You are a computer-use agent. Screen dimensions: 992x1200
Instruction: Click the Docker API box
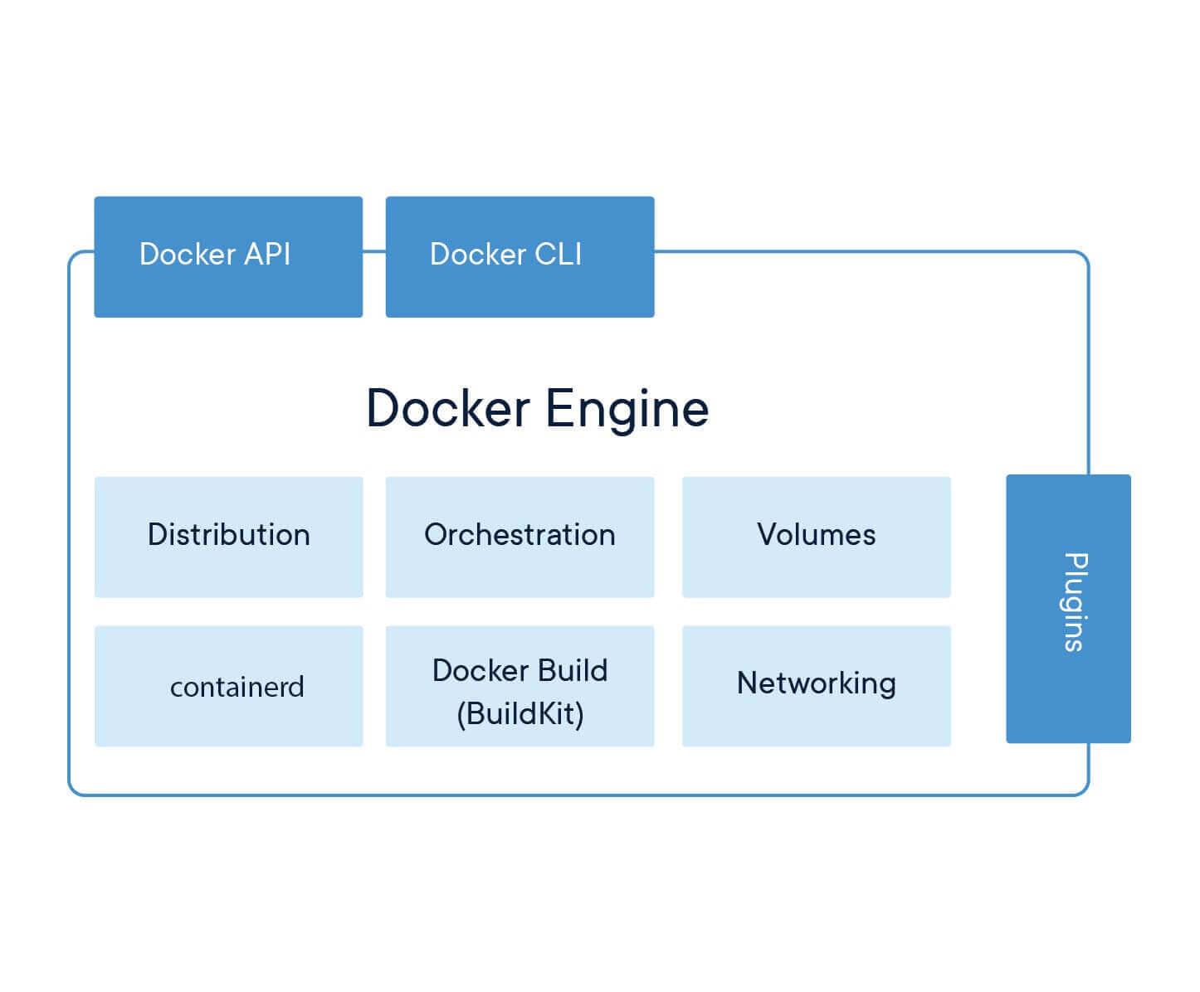[x=228, y=256]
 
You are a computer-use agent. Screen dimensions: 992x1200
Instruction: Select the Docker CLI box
[x=520, y=256]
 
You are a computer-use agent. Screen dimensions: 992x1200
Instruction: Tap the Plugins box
[x=1068, y=608]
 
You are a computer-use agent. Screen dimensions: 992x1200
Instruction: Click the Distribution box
[x=228, y=537]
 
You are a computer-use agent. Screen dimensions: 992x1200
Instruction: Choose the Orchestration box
[x=520, y=537]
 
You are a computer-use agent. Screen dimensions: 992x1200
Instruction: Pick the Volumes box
[x=816, y=537]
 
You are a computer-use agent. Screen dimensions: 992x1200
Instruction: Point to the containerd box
[x=228, y=686]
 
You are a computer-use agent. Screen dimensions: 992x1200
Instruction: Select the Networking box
[x=816, y=686]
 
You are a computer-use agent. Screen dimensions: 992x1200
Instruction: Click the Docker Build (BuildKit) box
[x=520, y=686]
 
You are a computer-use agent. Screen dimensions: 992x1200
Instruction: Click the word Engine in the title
[x=627, y=409]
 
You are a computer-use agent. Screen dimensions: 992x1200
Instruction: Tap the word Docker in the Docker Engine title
[x=448, y=409]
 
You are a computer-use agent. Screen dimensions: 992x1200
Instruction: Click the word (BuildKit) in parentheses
[x=520, y=713]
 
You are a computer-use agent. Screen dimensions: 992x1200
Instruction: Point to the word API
[x=267, y=254]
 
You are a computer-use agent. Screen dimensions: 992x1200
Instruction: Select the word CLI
[x=558, y=254]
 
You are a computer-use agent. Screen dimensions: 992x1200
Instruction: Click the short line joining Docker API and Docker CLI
[x=374, y=250]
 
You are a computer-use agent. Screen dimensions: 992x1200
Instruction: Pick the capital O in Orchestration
[x=437, y=535]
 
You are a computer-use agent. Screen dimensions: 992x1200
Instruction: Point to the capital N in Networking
[x=748, y=683]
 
